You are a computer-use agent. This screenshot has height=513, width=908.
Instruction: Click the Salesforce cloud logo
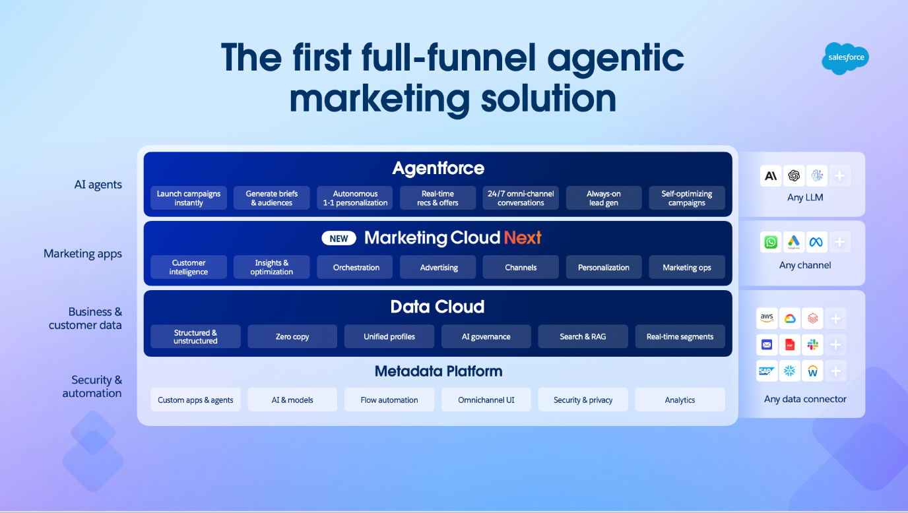(x=845, y=58)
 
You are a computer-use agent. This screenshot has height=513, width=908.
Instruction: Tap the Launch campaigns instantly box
(x=189, y=198)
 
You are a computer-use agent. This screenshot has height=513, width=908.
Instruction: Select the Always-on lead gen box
(x=604, y=198)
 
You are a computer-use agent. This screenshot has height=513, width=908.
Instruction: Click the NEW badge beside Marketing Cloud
(x=339, y=238)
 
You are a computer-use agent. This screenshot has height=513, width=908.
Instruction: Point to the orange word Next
(x=523, y=238)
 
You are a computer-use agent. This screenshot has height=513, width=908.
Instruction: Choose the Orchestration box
(x=356, y=268)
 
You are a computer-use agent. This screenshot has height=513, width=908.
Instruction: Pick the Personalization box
(x=604, y=268)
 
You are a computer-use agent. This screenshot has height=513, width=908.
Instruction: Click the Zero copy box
(x=292, y=336)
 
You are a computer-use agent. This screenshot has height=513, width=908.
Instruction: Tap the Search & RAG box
(x=583, y=336)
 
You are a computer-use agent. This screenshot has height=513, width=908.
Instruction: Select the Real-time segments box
(x=680, y=336)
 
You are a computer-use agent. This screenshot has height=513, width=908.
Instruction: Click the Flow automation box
(x=389, y=400)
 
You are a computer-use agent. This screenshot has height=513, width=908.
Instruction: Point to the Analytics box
(x=680, y=400)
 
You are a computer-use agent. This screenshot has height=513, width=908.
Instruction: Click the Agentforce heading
(x=438, y=168)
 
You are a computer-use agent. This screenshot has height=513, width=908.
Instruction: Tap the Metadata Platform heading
(x=438, y=371)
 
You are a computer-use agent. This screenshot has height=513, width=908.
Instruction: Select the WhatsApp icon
(x=770, y=242)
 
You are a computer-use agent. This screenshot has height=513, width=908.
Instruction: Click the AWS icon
(x=767, y=318)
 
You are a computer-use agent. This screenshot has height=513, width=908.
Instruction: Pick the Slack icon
(x=812, y=344)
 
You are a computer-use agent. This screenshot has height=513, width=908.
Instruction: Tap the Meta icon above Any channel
(x=816, y=242)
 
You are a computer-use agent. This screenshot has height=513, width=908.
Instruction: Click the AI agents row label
(x=98, y=185)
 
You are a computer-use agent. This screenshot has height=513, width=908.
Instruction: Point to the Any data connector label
(x=805, y=399)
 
